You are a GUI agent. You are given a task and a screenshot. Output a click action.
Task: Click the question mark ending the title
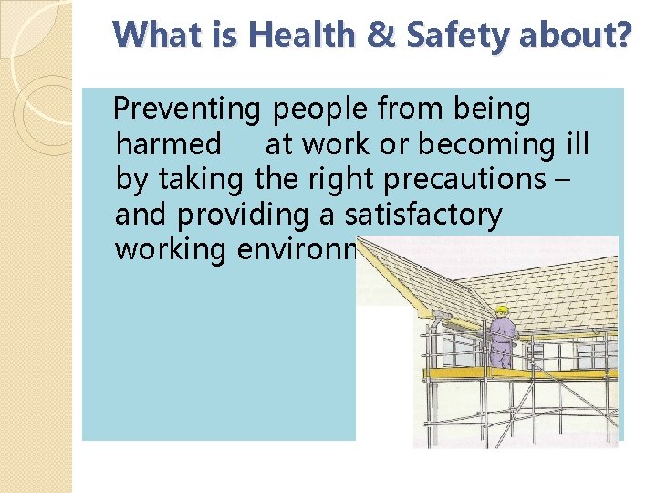(620, 36)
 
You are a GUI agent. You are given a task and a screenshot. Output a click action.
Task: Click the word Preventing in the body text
(187, 110)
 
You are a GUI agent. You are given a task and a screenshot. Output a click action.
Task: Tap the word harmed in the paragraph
(169, 144)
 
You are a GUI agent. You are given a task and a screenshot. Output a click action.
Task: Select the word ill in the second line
(578, 144)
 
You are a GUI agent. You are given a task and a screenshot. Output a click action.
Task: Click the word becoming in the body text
(477, 144)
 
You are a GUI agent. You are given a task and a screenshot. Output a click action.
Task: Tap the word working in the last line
(169, 249)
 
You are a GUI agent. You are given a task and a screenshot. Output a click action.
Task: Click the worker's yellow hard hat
(501, 310)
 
